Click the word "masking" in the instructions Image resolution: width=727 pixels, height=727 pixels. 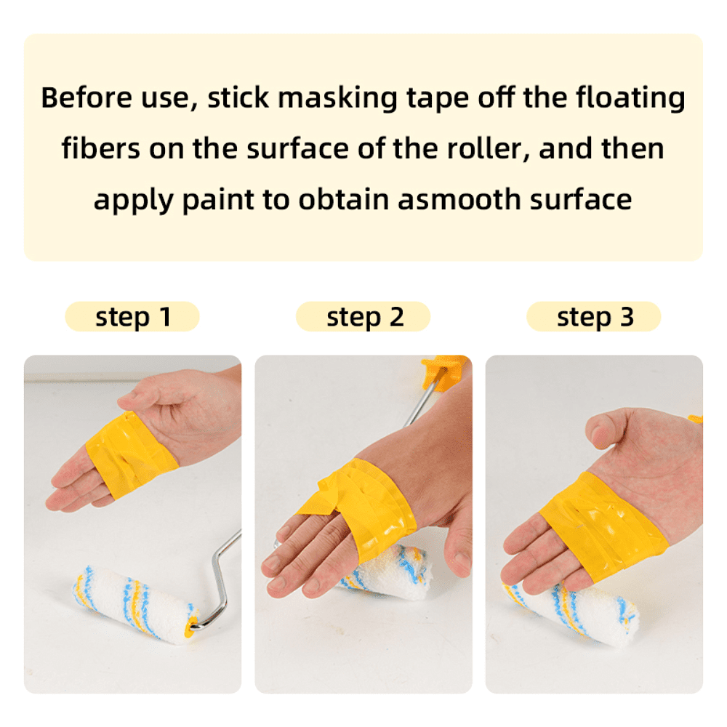[337, 99]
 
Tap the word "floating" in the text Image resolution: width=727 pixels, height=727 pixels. [630, 99]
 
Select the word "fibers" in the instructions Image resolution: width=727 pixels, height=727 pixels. [100, 148]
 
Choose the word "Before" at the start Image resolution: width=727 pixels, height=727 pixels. [87, 97]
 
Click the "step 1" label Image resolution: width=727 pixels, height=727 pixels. [133, 317]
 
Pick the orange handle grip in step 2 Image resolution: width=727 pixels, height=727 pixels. [443, 371]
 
